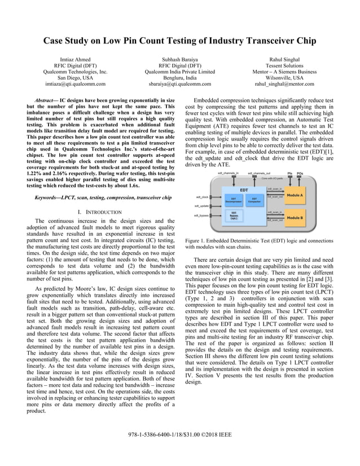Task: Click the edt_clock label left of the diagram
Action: [x=201, y=197]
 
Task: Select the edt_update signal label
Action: [x=202, y=206]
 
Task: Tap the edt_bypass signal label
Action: [x=201, y=216]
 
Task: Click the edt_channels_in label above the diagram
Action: [x=228, y=173]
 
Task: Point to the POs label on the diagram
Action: [x=300, y=173]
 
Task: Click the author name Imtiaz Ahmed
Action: [x=75, y=59]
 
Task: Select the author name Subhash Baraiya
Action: [x=179, y=59]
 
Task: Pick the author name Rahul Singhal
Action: [x=284, y=59]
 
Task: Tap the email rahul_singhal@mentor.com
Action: [x=284, y=83]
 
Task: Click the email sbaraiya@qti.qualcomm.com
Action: [x=179, y=83]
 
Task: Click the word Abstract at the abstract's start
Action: [x=47, y=99]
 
